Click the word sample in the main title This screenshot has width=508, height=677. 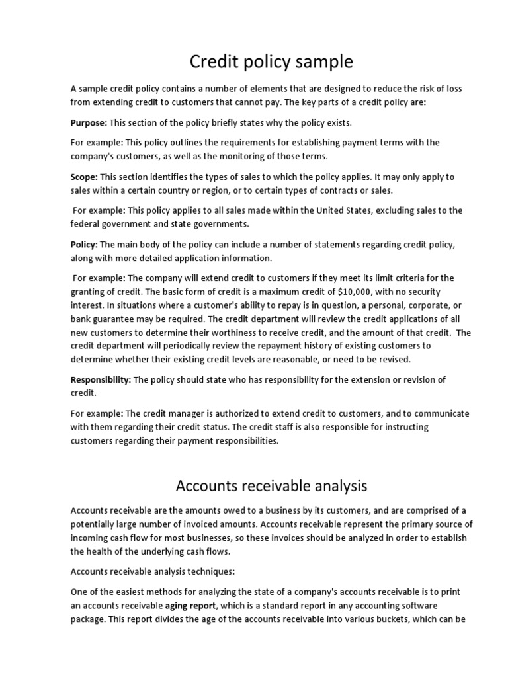coord(321,62)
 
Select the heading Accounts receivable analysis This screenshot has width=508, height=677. coord(271,486)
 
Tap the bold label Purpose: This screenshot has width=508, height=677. coord(89,123)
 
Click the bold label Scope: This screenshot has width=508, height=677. coord(84,177)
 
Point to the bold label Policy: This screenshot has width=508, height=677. coord(84,245)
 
